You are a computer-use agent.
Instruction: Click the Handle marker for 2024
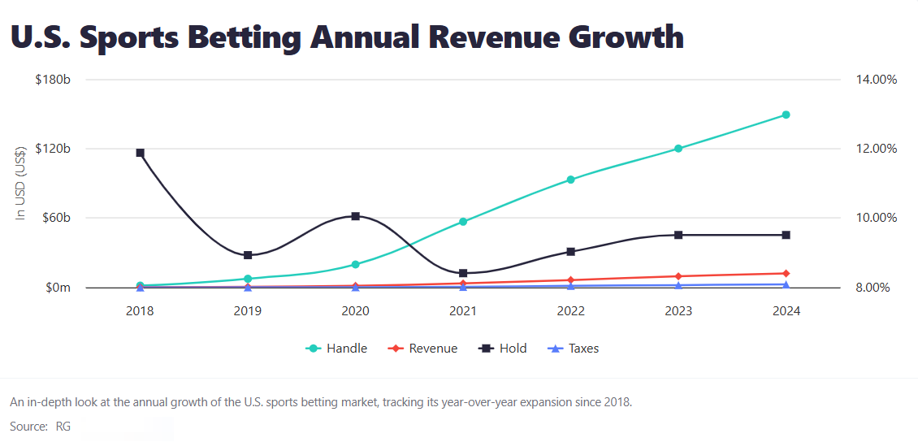786,115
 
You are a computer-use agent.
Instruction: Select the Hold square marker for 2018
140,153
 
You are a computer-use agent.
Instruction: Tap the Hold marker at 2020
355,216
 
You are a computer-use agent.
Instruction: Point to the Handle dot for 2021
463,221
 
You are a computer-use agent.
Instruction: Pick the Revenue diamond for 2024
786,274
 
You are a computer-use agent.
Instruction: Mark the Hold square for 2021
463,273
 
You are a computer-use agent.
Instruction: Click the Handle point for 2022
570,180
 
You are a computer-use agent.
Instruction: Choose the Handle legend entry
336,349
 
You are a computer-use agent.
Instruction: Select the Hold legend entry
503,349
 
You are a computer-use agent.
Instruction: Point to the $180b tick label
54,80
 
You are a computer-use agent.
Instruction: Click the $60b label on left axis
57,218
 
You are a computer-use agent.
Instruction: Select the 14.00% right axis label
876,80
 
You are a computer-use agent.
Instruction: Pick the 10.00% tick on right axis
876,218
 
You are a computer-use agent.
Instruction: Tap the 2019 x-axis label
248,311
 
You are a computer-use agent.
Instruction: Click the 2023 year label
678,311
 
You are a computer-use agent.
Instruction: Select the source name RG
63,427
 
